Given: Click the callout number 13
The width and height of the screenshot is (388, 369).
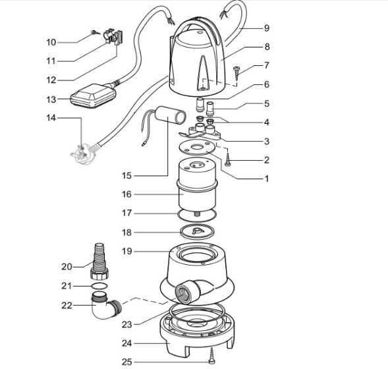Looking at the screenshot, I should click(51, 99).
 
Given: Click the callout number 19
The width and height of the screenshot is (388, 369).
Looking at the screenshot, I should click(126, 251).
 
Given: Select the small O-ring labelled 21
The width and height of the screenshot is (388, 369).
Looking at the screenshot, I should click(97, 287).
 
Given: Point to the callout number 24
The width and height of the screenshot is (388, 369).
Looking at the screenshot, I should click(126, 343).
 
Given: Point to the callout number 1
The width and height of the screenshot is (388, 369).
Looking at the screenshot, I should click(267, 178).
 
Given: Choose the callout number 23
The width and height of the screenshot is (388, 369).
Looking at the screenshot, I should click(126, 323).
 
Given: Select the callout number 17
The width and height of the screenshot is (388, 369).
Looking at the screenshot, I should click(126, 213).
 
